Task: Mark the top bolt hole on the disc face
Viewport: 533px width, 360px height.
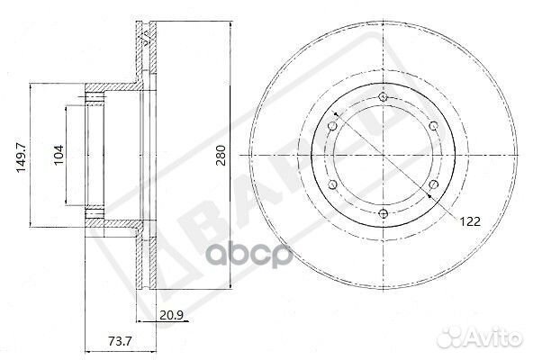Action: point(383,96)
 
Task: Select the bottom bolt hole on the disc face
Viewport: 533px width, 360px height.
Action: point(383,213)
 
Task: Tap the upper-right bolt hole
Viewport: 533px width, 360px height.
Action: point(433,125)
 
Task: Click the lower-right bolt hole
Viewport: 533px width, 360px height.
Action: point(433,184)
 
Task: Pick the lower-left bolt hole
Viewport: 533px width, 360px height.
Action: point(332,184)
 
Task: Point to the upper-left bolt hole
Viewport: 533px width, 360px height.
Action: point(332,125)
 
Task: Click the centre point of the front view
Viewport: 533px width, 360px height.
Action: point(383,155)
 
